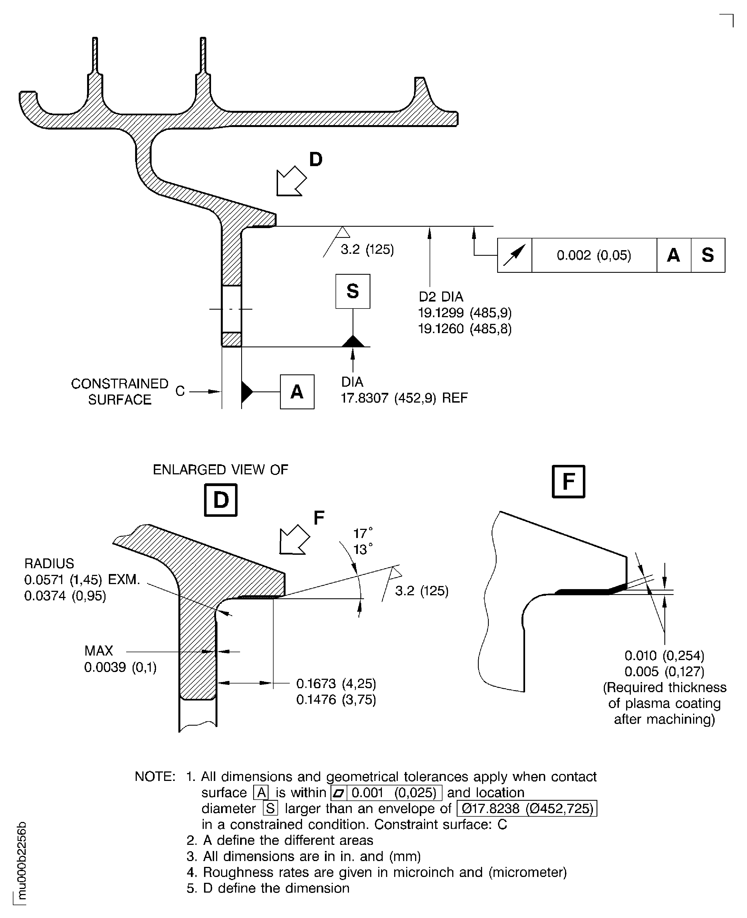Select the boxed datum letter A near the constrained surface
[x=297, y=392]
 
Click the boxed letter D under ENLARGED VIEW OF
[x=220, y=500]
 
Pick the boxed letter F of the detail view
[x=568, y=481]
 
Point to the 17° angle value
[x=362, y=533]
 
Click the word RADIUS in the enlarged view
[x=49, y=563]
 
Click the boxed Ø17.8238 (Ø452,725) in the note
[x=527, y=808]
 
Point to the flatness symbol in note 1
[x=339, y=793]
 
